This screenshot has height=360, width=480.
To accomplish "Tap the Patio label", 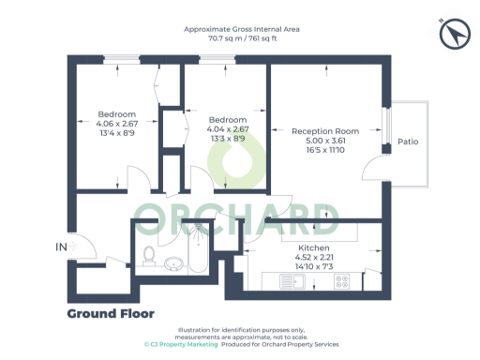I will [x=408, y=142].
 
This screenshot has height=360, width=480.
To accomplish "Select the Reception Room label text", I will [x=325, y=131].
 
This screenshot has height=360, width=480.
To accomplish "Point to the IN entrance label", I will [x=62, y=247].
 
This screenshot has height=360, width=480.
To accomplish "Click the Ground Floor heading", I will [x=111, y=313].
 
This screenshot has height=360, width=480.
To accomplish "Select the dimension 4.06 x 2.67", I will [x=117, y=123].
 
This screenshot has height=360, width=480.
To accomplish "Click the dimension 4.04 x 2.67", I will [x=227, y=129].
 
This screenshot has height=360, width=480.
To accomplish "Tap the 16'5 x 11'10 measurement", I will [x=325, y=150].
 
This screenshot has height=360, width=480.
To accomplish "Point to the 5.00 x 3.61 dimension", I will [x=325, y=141].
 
